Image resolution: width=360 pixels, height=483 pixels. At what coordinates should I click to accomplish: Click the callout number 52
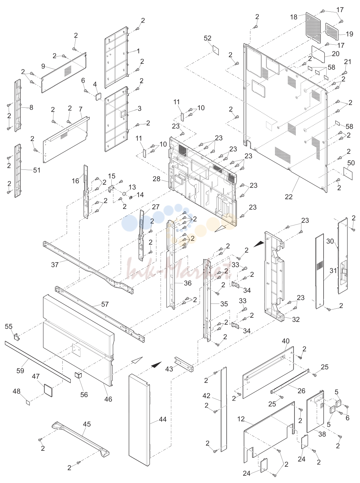coord(207,38)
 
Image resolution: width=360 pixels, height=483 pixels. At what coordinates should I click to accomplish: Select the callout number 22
coord(289,197)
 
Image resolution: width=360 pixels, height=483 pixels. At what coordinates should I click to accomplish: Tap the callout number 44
coord(163,419)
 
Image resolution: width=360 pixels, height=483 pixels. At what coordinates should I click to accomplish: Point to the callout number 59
coord(20,370)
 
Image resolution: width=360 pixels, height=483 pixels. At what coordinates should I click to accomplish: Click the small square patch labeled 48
coord(28,402)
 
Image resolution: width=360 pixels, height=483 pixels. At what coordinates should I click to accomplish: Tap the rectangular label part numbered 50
coord(348,173)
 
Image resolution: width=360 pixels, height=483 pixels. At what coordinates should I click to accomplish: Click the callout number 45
coord(87,424)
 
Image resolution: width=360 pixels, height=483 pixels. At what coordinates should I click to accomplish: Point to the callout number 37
coord(55,265)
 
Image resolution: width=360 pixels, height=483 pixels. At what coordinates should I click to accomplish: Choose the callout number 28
coord(156,179)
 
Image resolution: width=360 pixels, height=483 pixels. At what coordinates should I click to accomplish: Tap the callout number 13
coord(132,187)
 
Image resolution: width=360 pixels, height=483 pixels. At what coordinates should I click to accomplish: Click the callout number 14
coord(140,195)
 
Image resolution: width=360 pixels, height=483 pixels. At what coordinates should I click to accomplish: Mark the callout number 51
coord(37,170)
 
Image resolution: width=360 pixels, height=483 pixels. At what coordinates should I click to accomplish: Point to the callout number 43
coord(169,369)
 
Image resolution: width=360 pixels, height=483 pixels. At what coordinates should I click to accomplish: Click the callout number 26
coord(301,391)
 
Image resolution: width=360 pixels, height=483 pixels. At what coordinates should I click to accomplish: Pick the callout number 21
coord(348,62)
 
